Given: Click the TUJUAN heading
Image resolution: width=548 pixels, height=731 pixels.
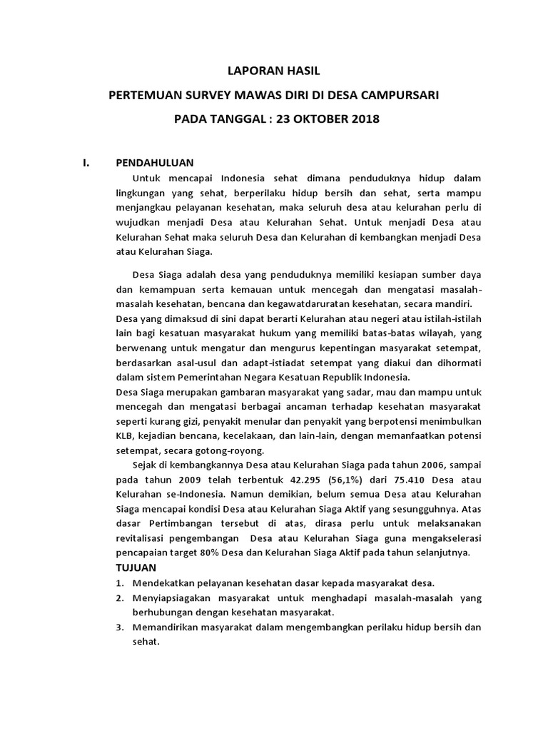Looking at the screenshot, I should coord(136,567).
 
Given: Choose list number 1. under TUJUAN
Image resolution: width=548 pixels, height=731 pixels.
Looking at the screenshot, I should coord(120,583).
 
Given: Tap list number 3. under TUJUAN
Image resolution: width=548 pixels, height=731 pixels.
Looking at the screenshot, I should coord(120,627).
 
